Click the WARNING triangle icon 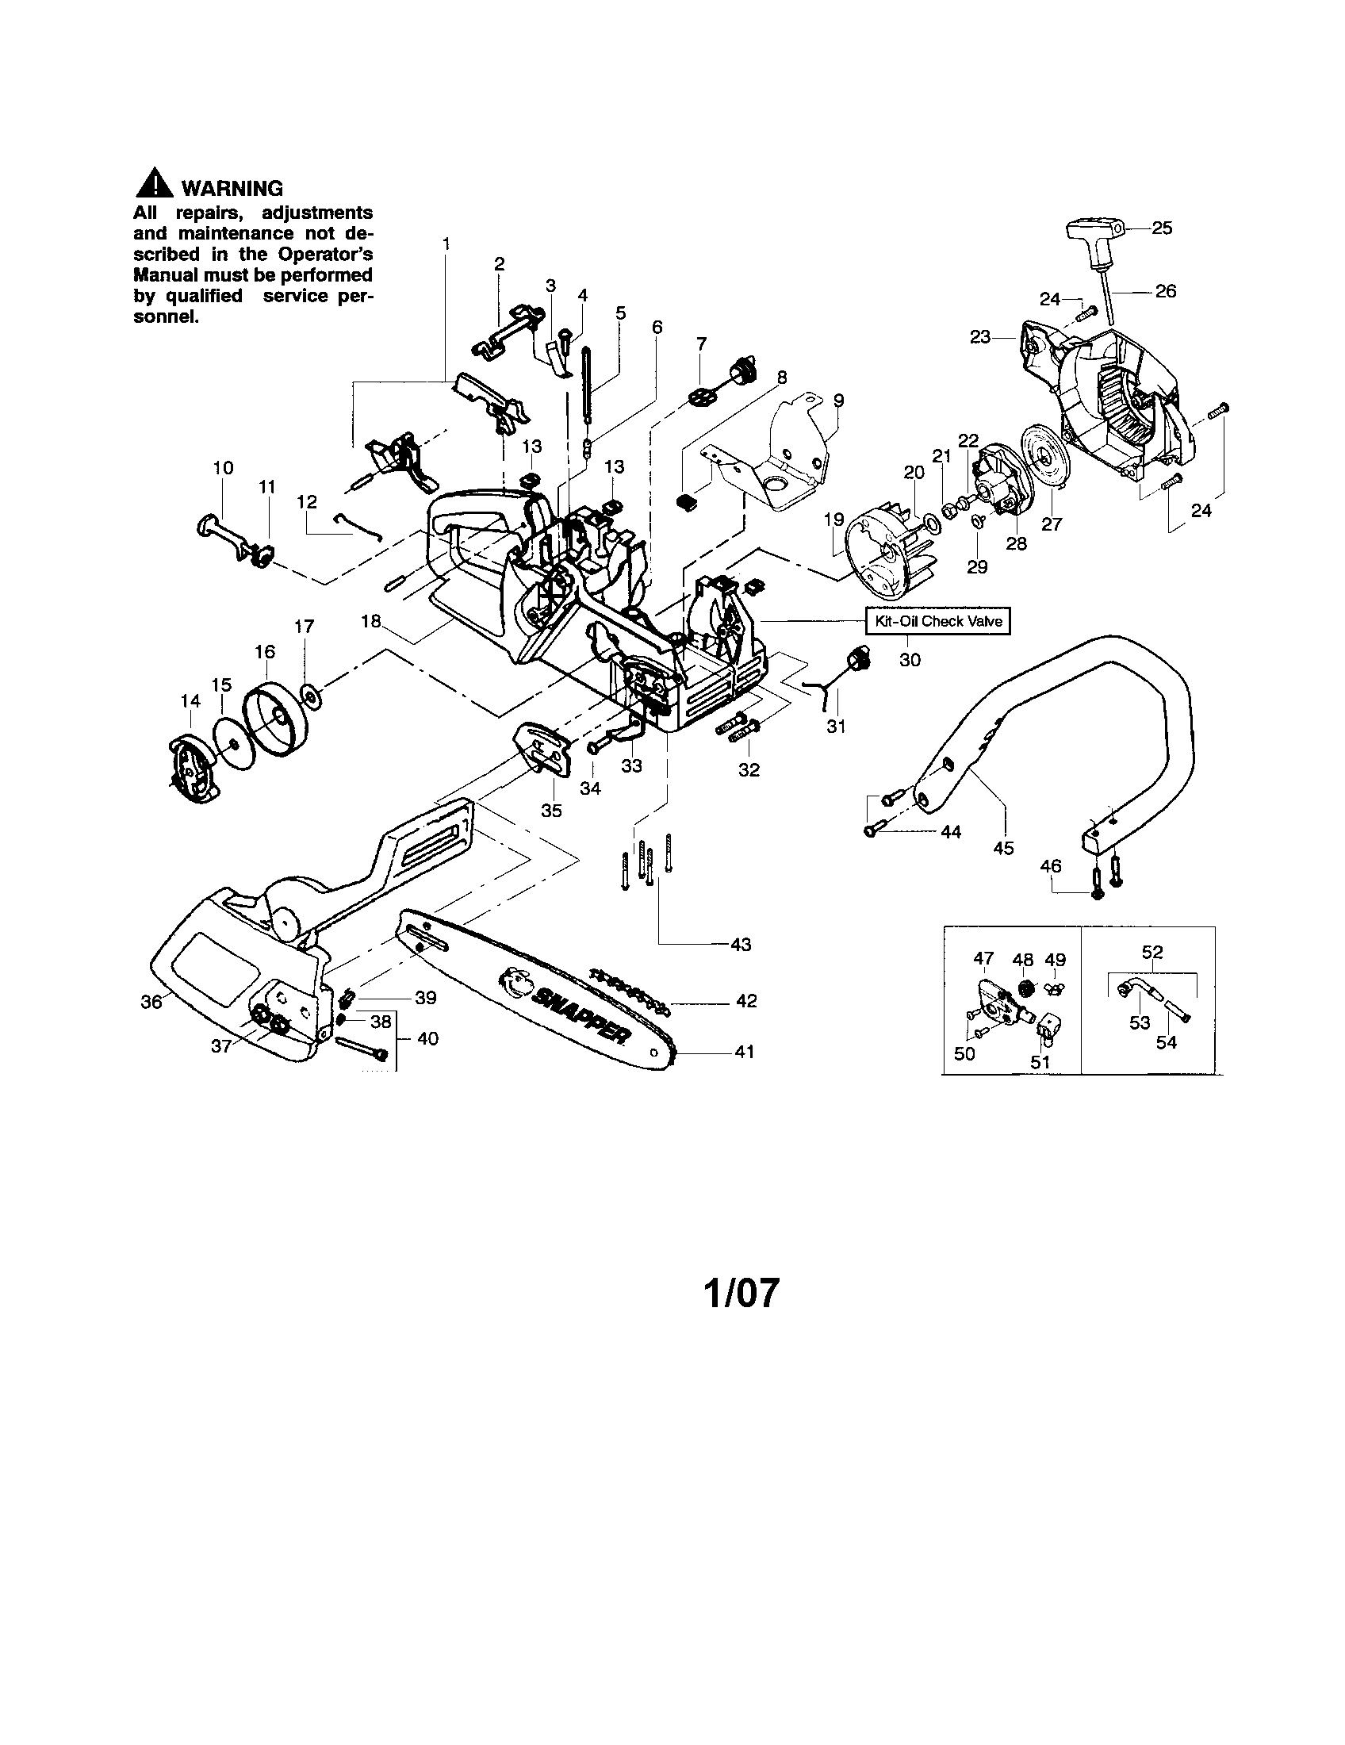click(x=154, y=187)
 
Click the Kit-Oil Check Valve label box click(x=937, y=621)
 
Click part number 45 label click(x=1003, y=848)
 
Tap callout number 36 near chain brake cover click(x=151, y=1001)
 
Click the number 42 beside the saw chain click(x=745, y=1000)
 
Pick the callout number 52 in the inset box click(x=1151, y=952)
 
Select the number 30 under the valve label click(x=910, y=659)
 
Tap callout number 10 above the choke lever click(x=223, y=467)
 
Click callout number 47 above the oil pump click(x=983, y=958)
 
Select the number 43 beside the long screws click(x=741, y=945)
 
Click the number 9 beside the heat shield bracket click(x=837, y=400)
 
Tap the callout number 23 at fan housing click(x=980, y=337)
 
